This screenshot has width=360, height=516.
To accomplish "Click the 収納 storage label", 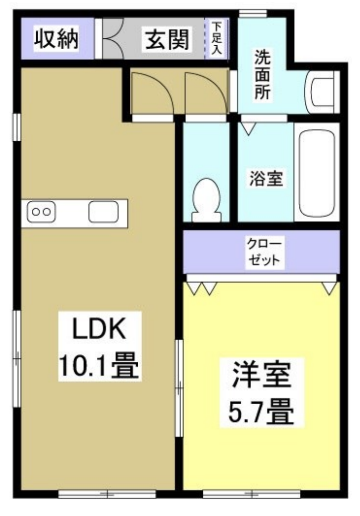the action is [57, 39].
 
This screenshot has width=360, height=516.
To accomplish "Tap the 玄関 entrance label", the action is [168, 39].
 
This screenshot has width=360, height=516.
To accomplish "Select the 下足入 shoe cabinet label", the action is [217, 38].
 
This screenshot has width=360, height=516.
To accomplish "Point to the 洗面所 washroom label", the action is [262, 75].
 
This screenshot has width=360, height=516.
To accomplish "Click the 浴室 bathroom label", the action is [266, 178].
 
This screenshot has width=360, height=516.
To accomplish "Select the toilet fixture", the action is [206, 200].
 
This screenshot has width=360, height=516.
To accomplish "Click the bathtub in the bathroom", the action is [317, 172].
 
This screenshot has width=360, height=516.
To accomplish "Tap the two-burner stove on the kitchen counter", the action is [41, 212].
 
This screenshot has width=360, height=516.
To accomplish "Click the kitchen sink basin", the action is [103, 212].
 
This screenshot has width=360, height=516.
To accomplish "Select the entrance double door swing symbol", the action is [113, 38].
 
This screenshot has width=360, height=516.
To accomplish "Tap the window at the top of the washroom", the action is [253, 13].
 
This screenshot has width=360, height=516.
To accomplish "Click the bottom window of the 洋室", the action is [252, 494].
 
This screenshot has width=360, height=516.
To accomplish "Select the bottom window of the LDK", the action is [107, 494].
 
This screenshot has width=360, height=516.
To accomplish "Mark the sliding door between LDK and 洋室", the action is [179, 388].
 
